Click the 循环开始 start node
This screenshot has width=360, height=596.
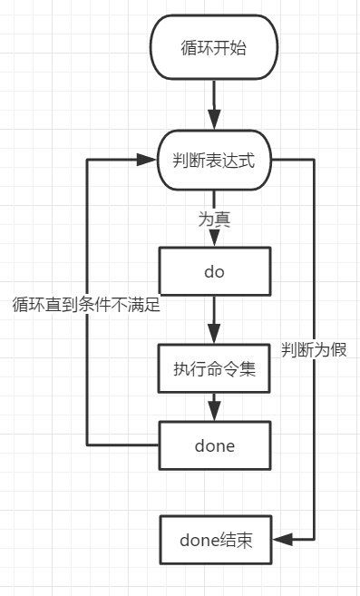click(x=214, y=48)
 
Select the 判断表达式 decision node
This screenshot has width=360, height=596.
click(x=214, y=161)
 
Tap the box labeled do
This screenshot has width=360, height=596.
click(x=214, y=271)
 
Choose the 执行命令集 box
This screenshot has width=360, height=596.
click(x=214, y=368)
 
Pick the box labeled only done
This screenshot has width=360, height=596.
click(x=214, y=445)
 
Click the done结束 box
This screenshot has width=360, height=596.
click(x=214, y=541)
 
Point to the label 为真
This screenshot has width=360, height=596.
click(x=214, y=219)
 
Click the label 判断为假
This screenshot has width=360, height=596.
click(x=314, y=349)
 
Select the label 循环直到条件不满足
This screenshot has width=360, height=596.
click(x=86, y=305)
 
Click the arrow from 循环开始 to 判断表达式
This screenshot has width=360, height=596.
click(x=214, y=104)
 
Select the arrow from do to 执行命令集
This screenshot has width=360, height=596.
click(x=214, y=319)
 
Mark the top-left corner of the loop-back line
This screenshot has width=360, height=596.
click(x=87, y=161)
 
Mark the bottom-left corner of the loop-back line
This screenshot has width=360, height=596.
click(x=87, y=445)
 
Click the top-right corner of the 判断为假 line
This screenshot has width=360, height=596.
click(x=314, y=161)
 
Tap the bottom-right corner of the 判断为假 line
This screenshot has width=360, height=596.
click(x=314, y=541)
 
